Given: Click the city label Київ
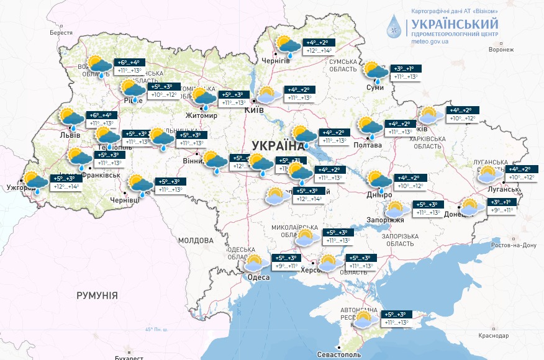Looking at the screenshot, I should pyautogui.click(x=255, y=110).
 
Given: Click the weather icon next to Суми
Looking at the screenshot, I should pyautogui.click(x=376, y=72).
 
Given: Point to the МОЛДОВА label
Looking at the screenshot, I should pyautogui.click(x=196, y=240).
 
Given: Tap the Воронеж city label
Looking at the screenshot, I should pyautogui.click(x=501, y=50).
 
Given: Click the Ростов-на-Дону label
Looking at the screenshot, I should pyautogui.click(x=512, y=245).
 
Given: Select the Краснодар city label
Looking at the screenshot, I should pyautogui.click(x=494, y=336).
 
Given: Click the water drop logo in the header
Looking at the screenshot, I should pyautogui.click(x=394, y=25).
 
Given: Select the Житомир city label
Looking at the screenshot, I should pyautogui.click(x=201, y=115).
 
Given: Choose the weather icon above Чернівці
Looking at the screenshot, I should pyautogui.click(x=141, y=184).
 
